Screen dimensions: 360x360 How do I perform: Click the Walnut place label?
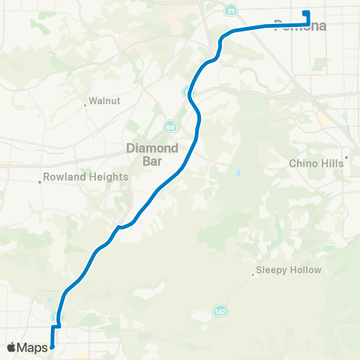click(x=104, y=100)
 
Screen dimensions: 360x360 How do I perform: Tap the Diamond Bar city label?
click(x=152, y=154)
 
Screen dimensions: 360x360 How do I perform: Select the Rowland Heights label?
click(x=87, y=177)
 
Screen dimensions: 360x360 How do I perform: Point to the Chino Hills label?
click(x=315, y=163)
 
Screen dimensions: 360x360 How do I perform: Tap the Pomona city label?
click(x=300, y=26)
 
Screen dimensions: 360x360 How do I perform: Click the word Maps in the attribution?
click(x=33, y=347)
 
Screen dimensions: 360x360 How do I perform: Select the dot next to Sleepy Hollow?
click(x=254, y=274)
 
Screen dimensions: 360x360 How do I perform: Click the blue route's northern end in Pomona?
click(x=304, y=13)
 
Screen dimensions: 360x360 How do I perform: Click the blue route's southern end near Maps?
click(x=52, y=346)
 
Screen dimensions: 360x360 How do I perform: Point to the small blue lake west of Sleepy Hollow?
click(x=238, y=173)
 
